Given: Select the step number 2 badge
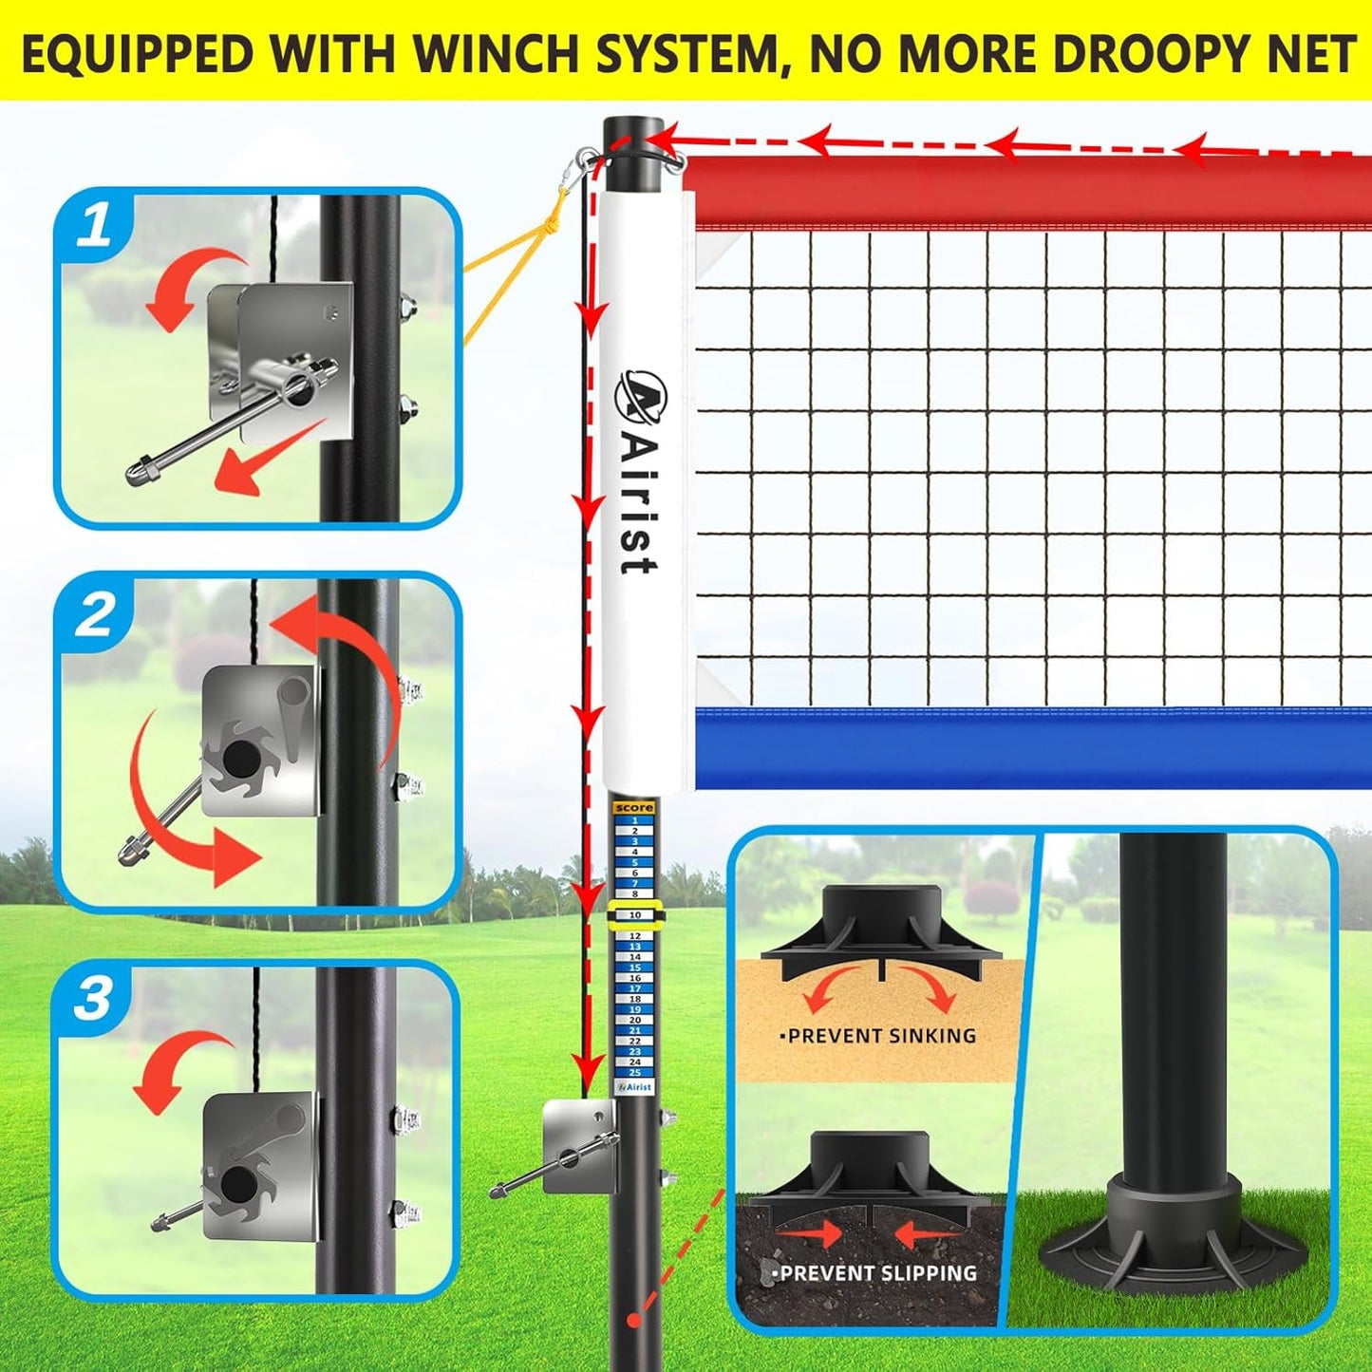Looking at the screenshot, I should (x=95, y=615).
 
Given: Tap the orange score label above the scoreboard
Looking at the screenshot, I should (x=633, y=807).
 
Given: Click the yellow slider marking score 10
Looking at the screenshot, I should (x=634, y=915).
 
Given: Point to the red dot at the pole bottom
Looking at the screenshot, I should (x=633, y=1320).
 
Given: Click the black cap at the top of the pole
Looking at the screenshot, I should (x=633, y=131).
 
